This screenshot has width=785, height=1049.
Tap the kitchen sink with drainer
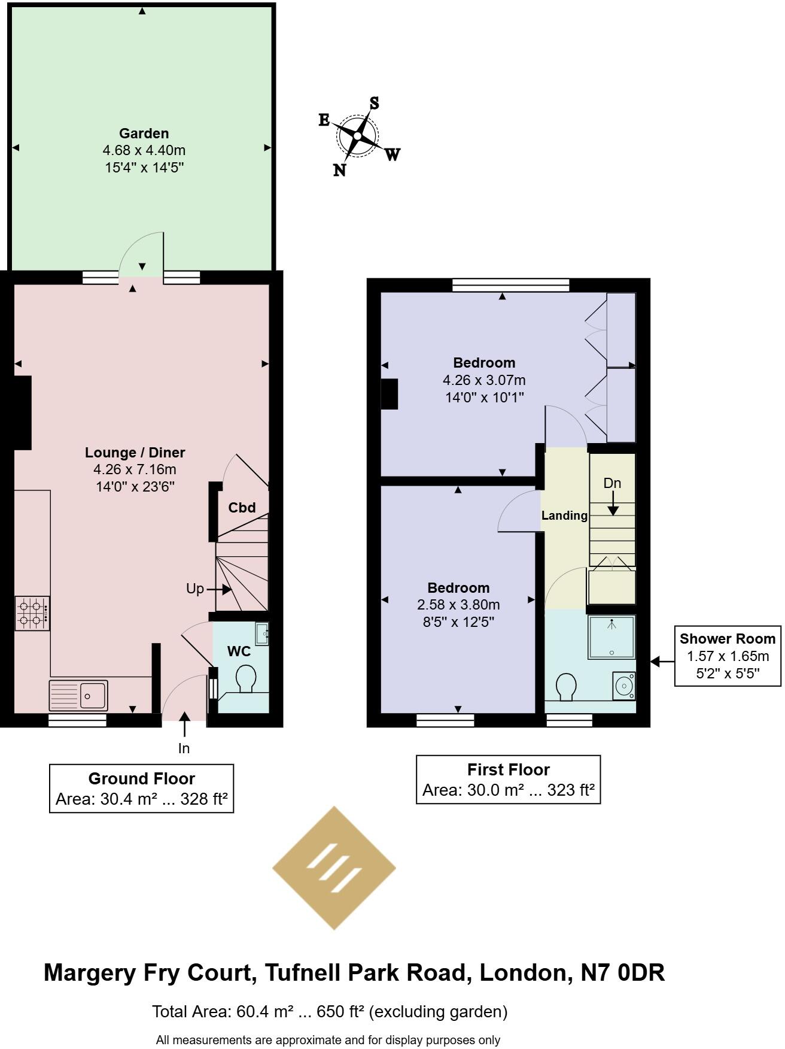tap(78, 695)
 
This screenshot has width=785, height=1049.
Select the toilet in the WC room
tap(245, 679)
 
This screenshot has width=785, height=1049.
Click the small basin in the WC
tap(262, 633)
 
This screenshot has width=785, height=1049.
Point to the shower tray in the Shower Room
tap(611, 636)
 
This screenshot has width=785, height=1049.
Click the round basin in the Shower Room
tap(624, 684)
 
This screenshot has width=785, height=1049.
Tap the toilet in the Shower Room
tap(566, 687)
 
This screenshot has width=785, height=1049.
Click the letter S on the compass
tap(374, 103)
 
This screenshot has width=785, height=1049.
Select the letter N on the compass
tap(339, 171)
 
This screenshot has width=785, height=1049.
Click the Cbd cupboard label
tap(242, 508)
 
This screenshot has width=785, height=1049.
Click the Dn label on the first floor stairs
tap(612, 483)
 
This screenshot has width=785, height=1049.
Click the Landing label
tap(564, 516)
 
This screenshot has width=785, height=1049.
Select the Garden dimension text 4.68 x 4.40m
tap(144, 150)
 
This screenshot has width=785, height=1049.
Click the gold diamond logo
tap(334, 868)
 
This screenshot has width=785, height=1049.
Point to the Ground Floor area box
tap(141, 788)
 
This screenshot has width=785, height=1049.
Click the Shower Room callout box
tap(728, 656)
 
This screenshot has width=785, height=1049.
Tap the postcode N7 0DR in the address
tap(623, 972)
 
